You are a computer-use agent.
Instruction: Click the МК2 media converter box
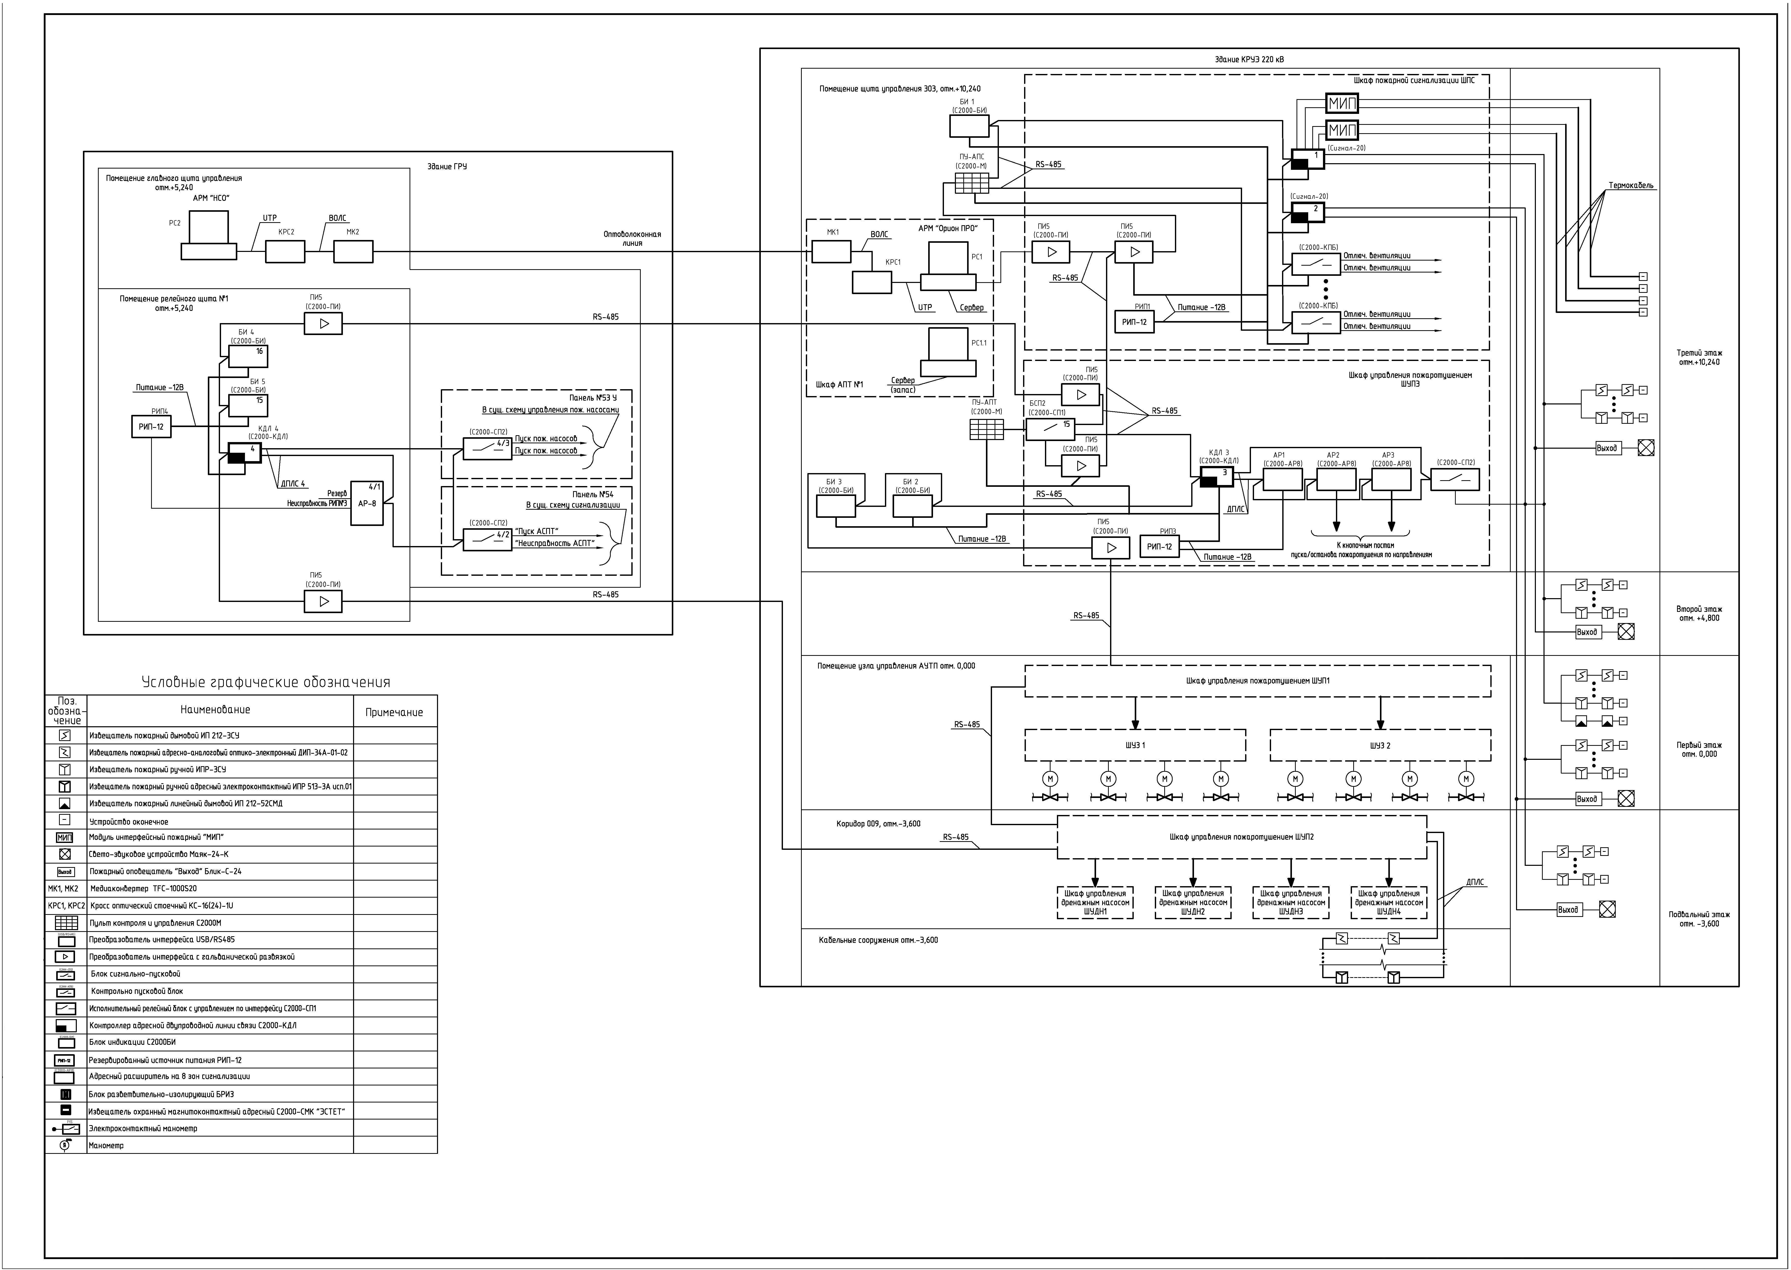(353, 252)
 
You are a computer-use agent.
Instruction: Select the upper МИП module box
(1342, 103)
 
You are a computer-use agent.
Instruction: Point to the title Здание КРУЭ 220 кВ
(1249, 59)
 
